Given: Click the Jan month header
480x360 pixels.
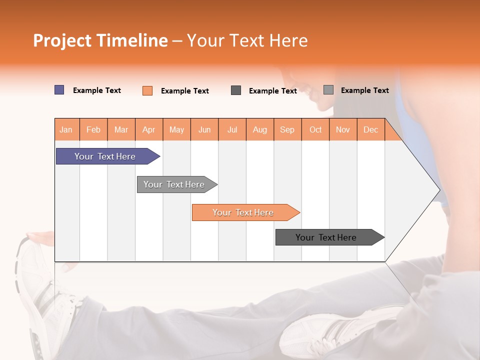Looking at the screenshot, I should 66,129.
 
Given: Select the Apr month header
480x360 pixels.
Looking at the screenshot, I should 149,129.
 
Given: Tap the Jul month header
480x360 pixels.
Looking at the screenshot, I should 232,129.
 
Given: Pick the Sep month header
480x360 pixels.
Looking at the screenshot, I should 287,129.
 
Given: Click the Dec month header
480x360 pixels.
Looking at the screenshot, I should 370,129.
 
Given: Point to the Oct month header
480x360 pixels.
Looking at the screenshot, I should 315,129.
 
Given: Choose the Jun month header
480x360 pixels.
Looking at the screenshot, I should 204,129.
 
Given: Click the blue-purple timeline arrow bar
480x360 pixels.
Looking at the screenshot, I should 105,156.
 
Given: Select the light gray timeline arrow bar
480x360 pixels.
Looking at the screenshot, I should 174,184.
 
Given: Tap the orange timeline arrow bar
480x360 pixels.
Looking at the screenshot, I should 243,212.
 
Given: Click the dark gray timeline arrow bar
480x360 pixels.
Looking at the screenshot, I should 326,237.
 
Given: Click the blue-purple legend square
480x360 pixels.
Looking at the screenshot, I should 59,90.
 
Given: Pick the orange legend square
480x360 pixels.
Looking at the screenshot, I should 147,90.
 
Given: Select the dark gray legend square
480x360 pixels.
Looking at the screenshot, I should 236,90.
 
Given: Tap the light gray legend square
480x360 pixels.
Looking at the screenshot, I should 328,90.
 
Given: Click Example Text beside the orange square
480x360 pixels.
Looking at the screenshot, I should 184,91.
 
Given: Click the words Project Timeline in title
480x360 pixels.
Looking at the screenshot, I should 100,40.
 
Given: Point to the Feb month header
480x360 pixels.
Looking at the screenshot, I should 93,129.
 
